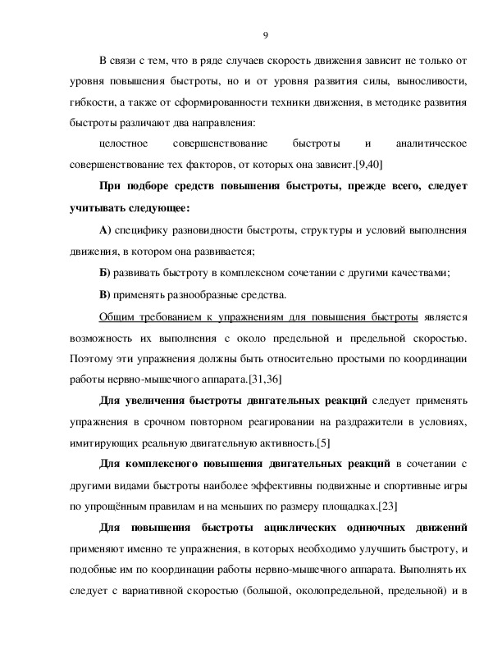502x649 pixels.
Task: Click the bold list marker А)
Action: (x=105, y=230)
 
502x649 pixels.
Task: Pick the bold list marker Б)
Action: (x=104, y=273)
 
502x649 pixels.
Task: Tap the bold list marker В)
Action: (x=104, y=293)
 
